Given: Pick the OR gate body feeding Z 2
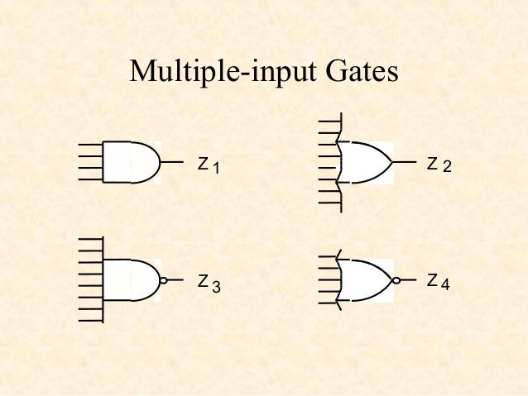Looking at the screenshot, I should tap(364, 162).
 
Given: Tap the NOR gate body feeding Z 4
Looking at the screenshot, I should tap(364, 280).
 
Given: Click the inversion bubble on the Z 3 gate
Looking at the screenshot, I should tap(164, 280).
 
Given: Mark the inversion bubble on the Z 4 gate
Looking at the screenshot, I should tap(397, 280).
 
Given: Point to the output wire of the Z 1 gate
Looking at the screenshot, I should tap(172, 162).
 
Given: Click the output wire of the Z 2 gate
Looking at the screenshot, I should tap(404, 162).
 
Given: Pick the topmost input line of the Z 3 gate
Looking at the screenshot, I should tap(89, 240).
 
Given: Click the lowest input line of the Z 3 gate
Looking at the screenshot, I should tap(89, 319).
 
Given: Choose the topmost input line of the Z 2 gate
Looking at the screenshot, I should tap(329, 122).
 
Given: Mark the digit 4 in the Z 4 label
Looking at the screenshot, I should tap(445, 284).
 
